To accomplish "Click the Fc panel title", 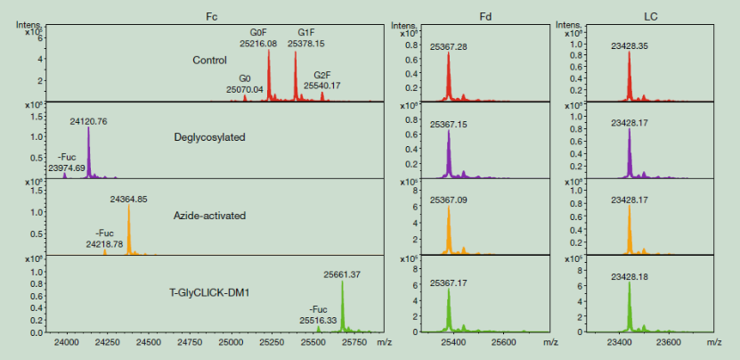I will (x=211, y=17).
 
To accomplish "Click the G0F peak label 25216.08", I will (x=258, y=42).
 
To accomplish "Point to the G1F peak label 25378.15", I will (x=305, y=42).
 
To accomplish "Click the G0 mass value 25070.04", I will (x=245, y=89).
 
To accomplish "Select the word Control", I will (x=210, y=61).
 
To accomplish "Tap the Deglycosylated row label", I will (x=210, y=137).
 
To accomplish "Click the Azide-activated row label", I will (x=210, y=216).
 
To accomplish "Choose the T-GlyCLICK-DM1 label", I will (x=210, y=294).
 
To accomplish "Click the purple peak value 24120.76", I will (x=89, y=121).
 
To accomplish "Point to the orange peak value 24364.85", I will (x=129, y=199).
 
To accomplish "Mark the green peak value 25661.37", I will (x=342, y=274).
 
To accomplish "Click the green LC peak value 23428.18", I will (x=630, y=277).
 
